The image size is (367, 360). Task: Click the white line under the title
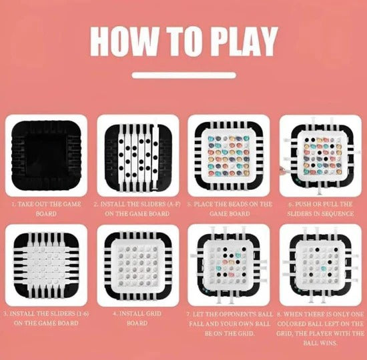pyautogui.click(x=183, y=75)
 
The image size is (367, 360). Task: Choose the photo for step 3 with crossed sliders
pyautogui.click(x=46, y=265)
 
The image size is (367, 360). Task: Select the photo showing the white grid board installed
pyautogui.click(x=138, y=265)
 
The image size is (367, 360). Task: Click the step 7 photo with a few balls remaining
pyautogui.click(x=229, y=265)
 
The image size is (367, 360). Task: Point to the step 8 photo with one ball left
pyautogui.click(x=319, y=265)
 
